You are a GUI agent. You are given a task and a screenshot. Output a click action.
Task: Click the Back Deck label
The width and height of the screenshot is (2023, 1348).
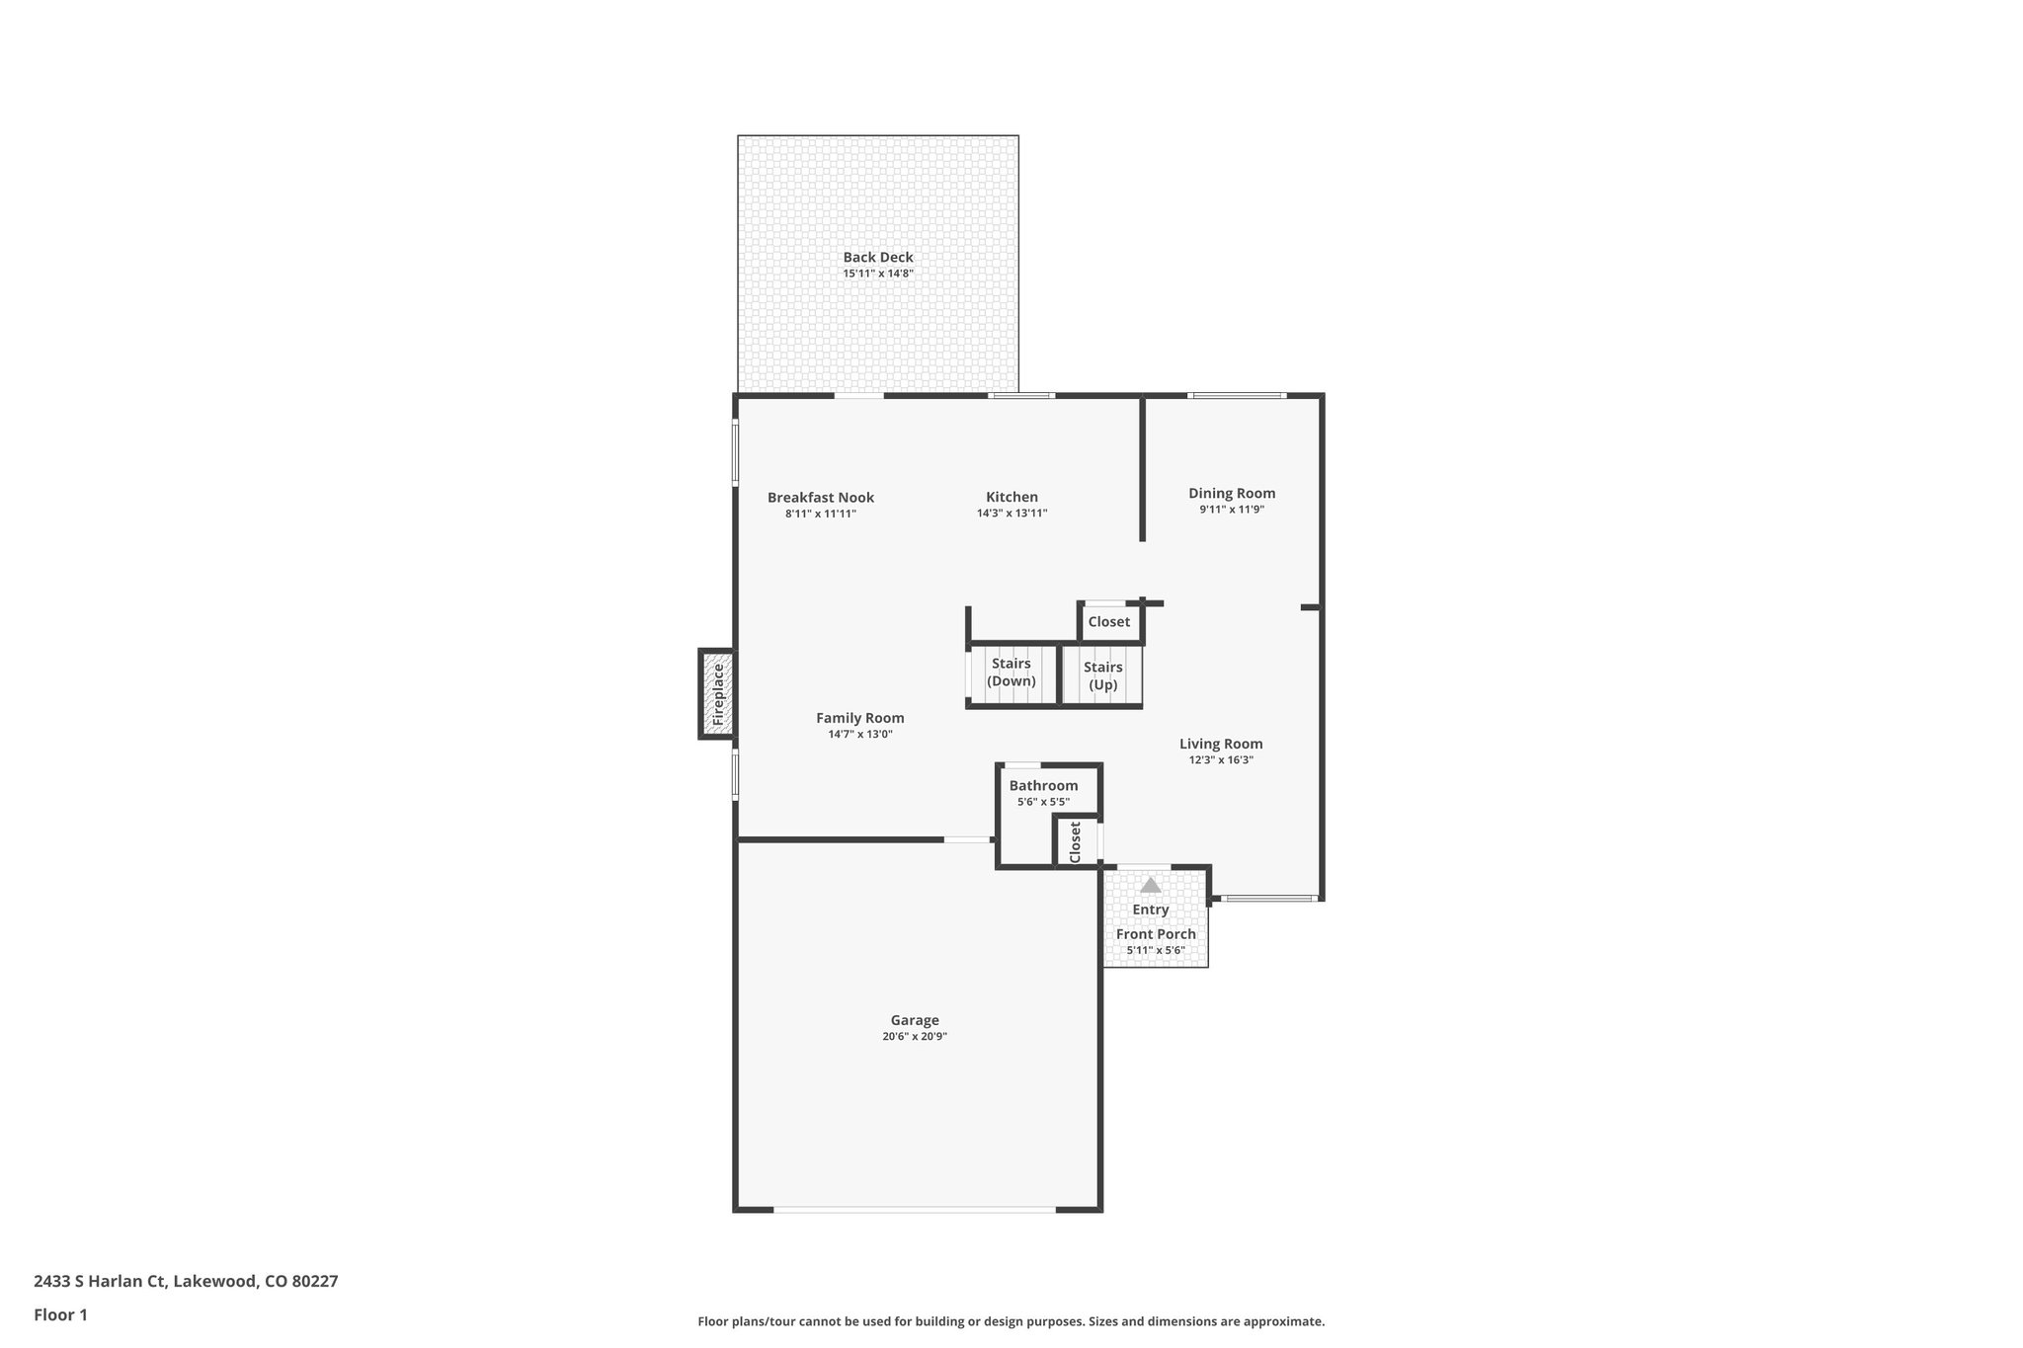(877, 257)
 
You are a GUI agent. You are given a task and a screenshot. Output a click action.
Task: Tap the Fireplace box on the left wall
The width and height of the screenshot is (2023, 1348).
(717, 693)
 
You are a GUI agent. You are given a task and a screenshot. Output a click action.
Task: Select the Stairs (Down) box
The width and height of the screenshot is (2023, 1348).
(1011, 674)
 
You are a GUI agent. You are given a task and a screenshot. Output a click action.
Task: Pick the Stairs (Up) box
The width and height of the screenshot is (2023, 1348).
(1102, 675)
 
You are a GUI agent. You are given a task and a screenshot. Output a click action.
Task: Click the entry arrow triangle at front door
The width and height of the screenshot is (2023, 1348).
(1150, 885)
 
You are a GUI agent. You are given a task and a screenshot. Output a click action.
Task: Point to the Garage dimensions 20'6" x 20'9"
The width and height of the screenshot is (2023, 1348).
(915, 1037)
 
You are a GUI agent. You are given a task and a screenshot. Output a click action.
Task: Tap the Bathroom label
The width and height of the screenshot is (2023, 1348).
(1043, 786)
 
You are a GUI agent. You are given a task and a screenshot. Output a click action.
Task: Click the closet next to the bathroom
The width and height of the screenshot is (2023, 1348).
(1076, 841)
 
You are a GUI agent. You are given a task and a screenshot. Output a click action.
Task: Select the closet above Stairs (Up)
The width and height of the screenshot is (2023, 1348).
(1108, 622)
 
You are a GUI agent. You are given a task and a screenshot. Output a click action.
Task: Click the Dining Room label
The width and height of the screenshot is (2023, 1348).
(1232, 494)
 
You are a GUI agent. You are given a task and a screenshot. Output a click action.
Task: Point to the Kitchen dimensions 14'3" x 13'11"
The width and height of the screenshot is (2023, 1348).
(1011, 514)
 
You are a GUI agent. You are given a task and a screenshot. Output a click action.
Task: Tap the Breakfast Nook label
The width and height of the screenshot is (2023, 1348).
(820, 498)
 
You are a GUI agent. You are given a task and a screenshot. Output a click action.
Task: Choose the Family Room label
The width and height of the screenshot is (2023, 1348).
(859, 719)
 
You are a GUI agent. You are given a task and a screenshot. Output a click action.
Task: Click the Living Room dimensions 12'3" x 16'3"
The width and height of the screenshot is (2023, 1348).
(1221, 760)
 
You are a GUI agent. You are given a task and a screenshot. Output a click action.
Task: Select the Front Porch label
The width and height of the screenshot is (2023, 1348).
(1156, 934)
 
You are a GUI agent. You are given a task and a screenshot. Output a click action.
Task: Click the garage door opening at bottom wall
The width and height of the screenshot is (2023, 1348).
(914, 1209)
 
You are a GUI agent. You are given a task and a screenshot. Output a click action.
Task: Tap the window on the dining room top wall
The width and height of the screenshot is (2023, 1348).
(1237, 396)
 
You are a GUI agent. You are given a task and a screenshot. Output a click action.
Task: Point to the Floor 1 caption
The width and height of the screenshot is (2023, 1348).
(61, 1314)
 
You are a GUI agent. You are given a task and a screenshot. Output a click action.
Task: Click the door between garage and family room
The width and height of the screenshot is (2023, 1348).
(967, 840)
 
